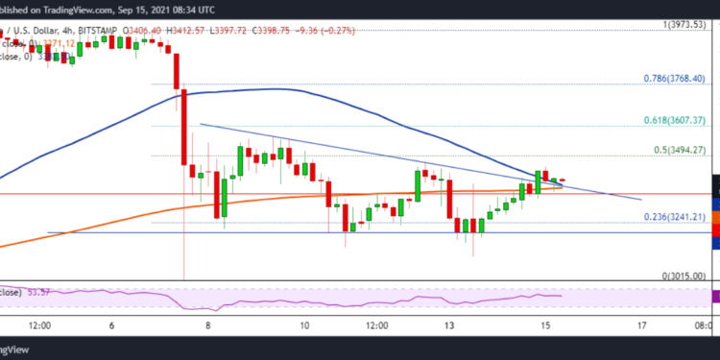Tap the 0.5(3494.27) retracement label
click(680, 150)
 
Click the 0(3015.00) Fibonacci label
click(684, 276)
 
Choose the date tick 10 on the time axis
click(304, 325)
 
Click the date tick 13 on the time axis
click(448, 325)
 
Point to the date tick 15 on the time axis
click(544, 325)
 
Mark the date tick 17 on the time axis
click(640, 325)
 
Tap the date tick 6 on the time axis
click(112, 325)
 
